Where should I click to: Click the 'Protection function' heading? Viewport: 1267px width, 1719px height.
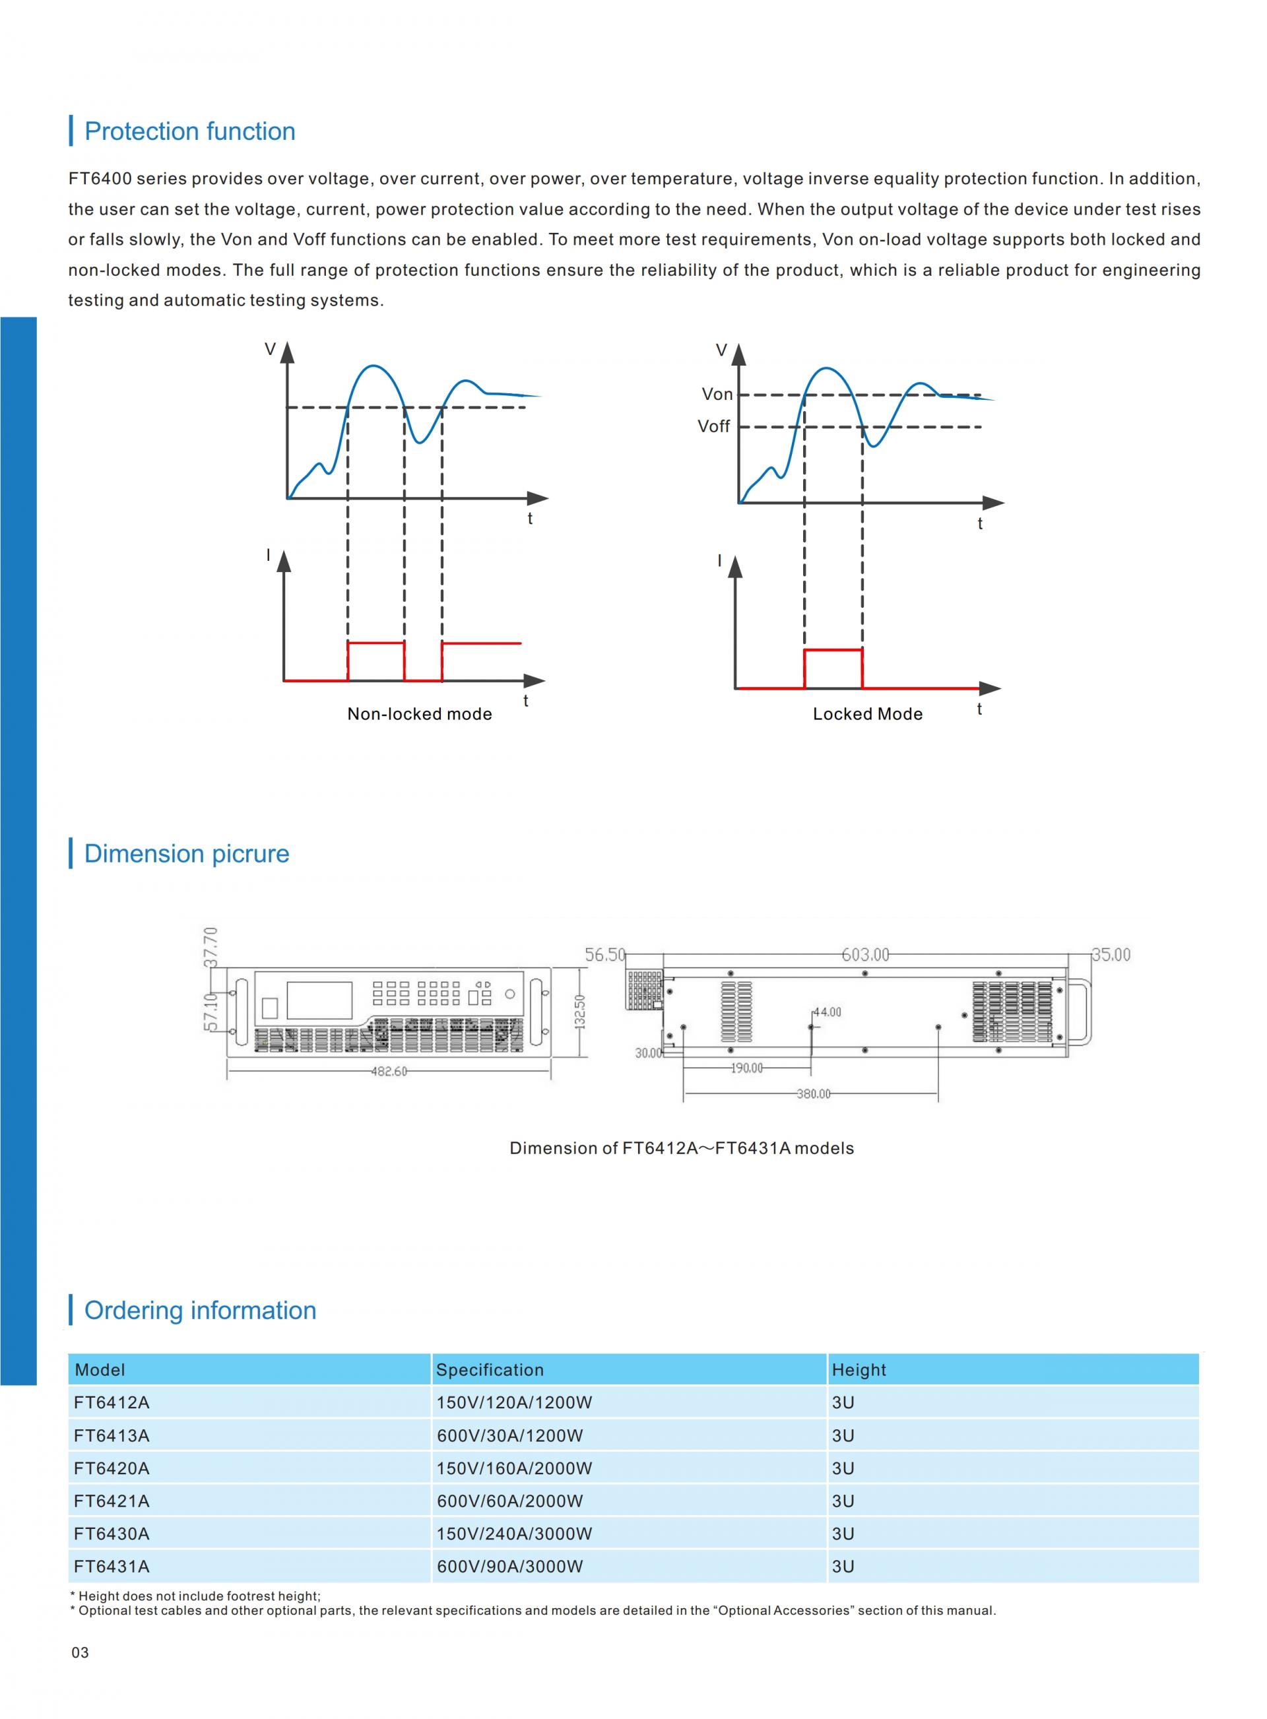point(189,131)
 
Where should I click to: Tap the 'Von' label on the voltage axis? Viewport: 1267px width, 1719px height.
point(717,394)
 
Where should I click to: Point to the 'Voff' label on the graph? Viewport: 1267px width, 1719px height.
point(713,426)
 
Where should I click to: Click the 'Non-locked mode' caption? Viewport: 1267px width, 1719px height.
point(420,714)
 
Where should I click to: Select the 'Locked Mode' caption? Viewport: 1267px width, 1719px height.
point(867,714)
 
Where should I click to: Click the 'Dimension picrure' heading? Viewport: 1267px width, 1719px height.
point(186,853)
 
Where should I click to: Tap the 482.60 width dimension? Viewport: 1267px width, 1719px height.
point(389,1071)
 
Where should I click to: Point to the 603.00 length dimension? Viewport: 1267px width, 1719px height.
point(865,955)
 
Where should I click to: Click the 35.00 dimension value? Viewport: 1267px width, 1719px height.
point(1111,955)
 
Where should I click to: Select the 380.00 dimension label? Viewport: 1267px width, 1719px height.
point(813,1094)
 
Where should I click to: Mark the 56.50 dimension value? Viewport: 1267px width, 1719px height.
point(605,955)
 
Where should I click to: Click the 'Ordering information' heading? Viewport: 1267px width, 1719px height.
point(200,1311)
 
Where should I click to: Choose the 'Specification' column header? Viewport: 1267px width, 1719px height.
point(490,1370)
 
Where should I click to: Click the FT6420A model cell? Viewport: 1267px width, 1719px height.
point(112,1468)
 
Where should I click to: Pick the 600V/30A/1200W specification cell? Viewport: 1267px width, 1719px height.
point(510,1435)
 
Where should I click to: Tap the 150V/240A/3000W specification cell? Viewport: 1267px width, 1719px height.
point(514,1534)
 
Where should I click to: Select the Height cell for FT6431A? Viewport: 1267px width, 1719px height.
point(843,1567)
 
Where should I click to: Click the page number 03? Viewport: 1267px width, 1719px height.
point(80,1652)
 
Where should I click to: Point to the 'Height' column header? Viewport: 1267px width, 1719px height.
point(859,1370)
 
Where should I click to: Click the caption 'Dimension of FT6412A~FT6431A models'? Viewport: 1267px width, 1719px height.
point(681,1148)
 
